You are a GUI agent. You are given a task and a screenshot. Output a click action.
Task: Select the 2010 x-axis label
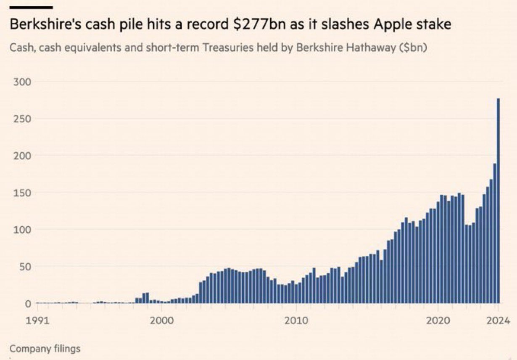pyautogui.click(x=296, y=321)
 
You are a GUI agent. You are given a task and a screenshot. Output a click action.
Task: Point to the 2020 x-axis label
pyautogui.click(x=438, y=321)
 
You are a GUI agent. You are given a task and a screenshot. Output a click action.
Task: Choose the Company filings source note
pyautogui.click(x=45, y=349)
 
